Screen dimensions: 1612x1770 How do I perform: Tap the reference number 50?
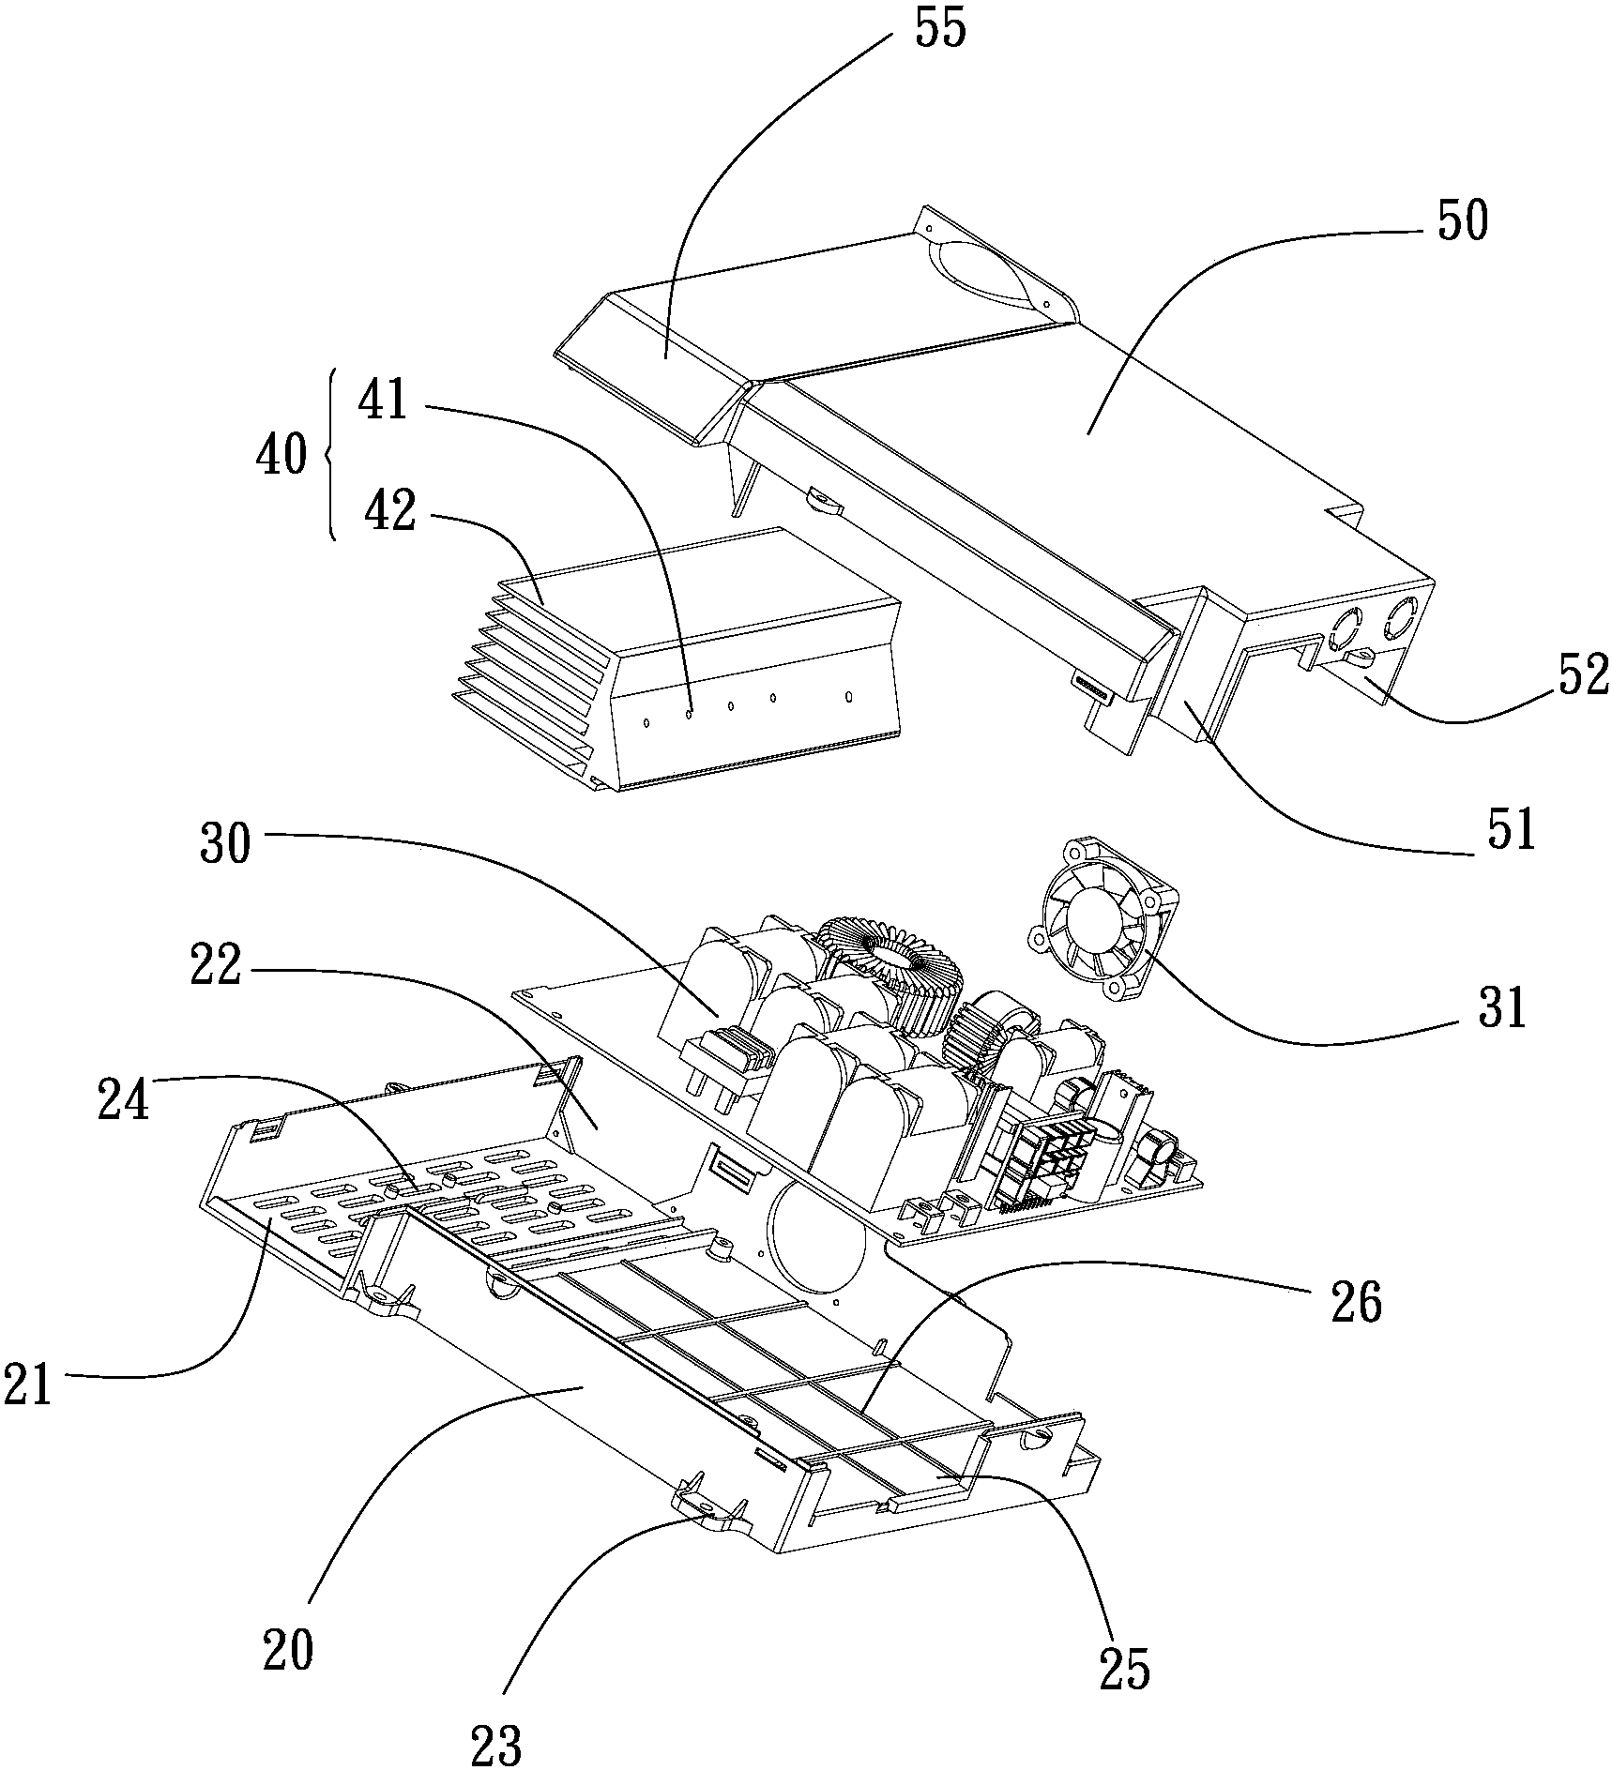click(x=1461, y=220)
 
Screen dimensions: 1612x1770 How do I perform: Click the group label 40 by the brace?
click(x=281, y=457)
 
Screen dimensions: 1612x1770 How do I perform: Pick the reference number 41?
click(x=384, y=399)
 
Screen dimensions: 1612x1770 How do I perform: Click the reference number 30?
click(x=225, y=841)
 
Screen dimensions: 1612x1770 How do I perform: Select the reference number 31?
click(x=1502, y=1008)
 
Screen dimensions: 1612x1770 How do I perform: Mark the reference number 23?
click(x=497, y=1744)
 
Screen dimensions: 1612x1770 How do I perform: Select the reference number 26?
click(x=1356, y=1302)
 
